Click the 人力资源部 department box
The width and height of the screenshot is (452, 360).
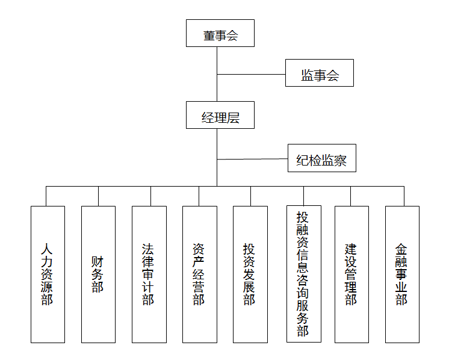48,275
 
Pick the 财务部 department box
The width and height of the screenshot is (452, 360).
98,275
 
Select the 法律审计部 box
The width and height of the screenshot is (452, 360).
149,275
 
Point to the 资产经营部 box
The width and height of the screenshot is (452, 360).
199,275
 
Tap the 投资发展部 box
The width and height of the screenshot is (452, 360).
250,275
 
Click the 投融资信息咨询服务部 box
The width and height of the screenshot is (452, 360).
303,274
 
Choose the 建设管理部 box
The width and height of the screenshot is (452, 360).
351,275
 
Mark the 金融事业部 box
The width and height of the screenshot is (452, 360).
402,275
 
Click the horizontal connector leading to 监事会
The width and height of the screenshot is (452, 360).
251,75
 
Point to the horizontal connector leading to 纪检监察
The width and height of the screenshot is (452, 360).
252,160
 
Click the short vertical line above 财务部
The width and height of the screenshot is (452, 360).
98,196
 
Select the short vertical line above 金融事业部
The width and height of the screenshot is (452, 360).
404,196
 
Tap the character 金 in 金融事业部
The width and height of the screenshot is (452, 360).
401,249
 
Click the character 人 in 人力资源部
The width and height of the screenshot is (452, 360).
47,249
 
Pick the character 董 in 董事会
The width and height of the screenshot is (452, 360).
209,36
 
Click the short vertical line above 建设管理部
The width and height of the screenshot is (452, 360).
351,196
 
